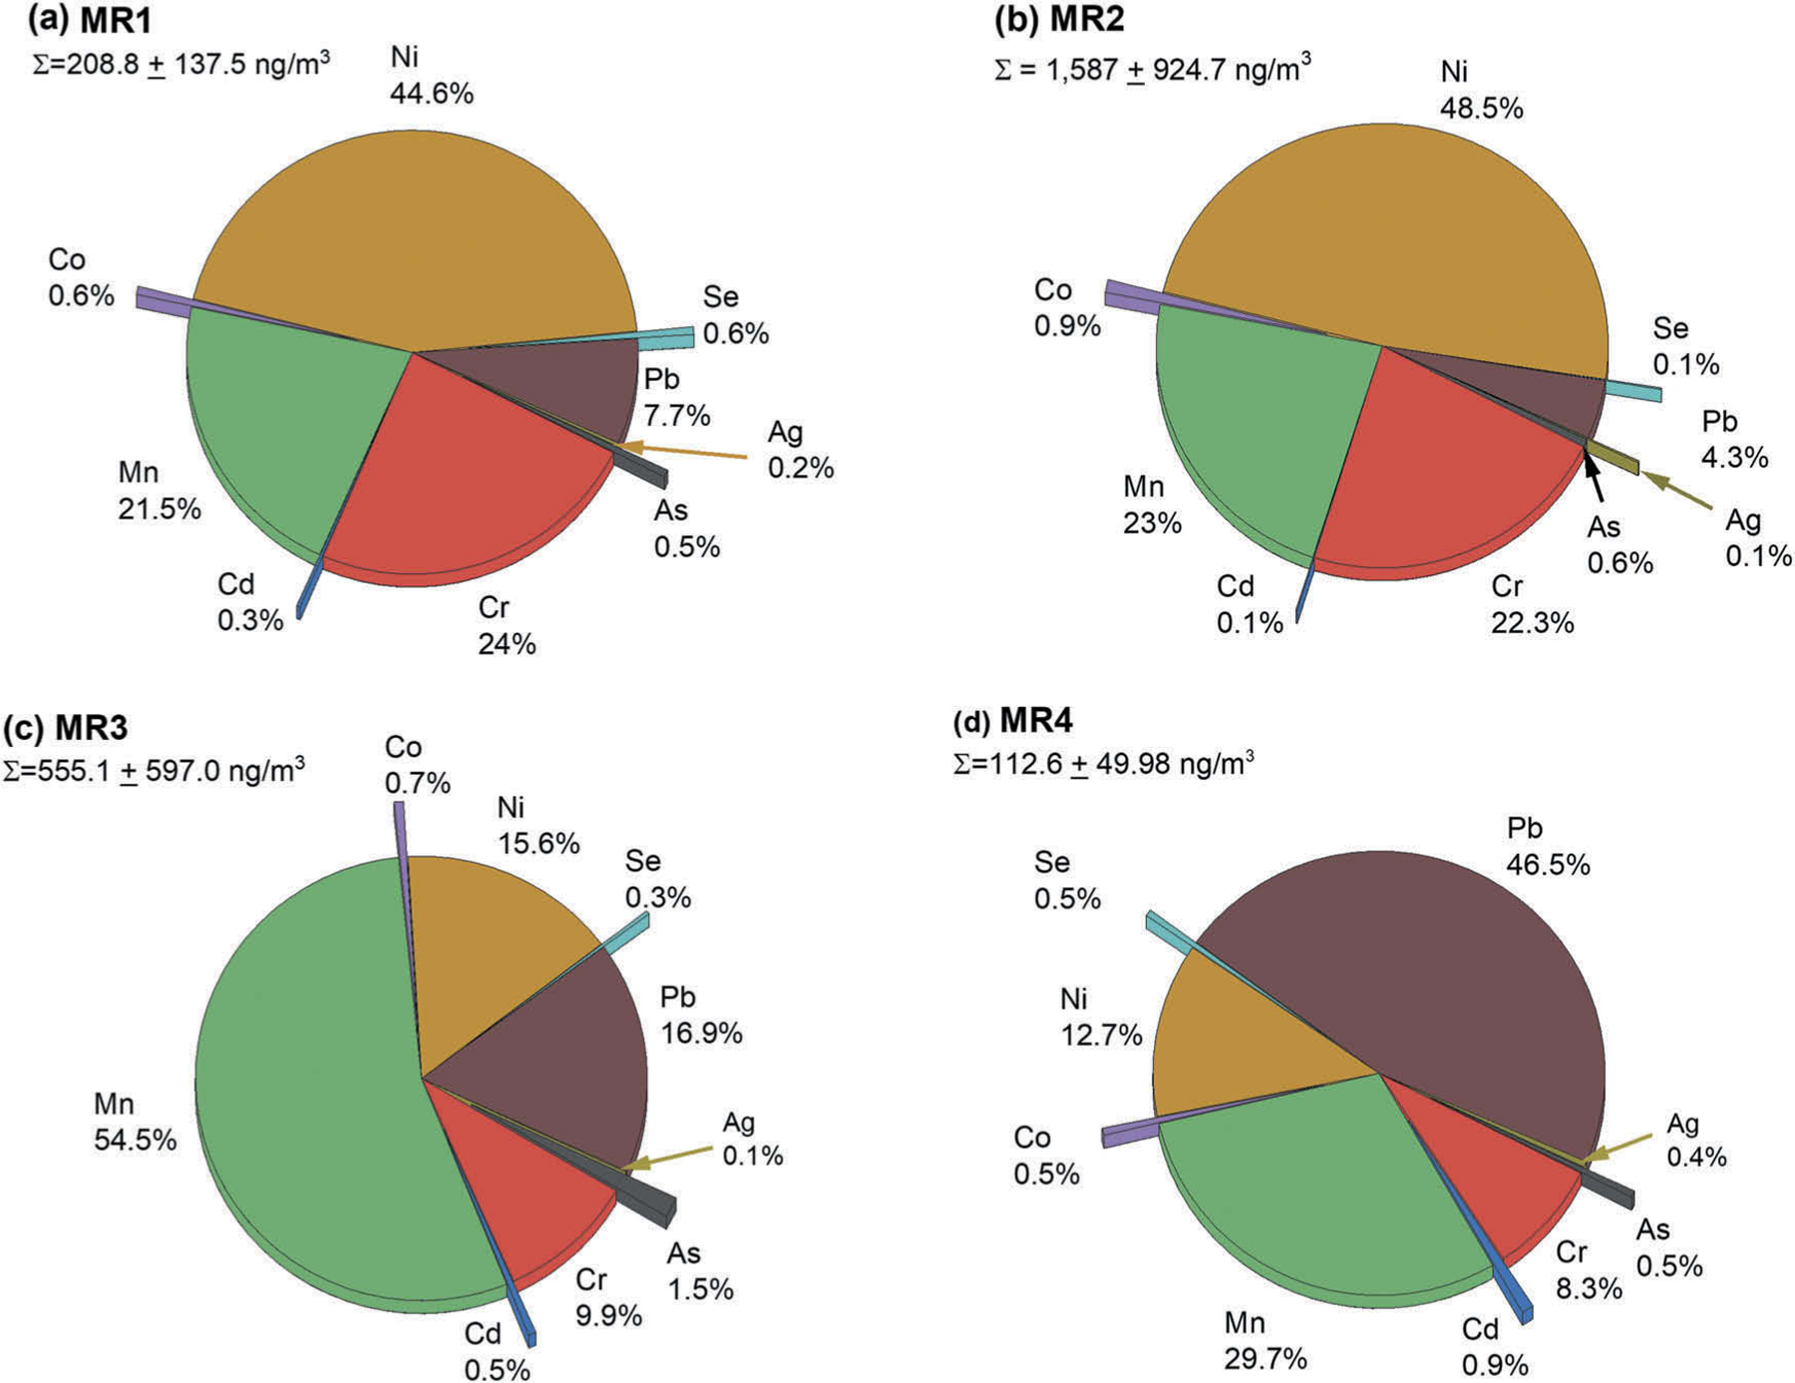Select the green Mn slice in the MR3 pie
299,1097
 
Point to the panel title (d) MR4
1013,720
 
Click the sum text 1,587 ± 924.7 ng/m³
1152,69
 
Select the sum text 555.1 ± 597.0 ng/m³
154,771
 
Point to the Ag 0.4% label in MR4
1696,1140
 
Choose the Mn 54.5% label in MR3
135,1122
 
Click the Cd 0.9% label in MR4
1494,1346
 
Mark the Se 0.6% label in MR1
735,315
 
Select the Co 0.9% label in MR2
1066,307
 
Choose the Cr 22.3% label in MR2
1532,604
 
